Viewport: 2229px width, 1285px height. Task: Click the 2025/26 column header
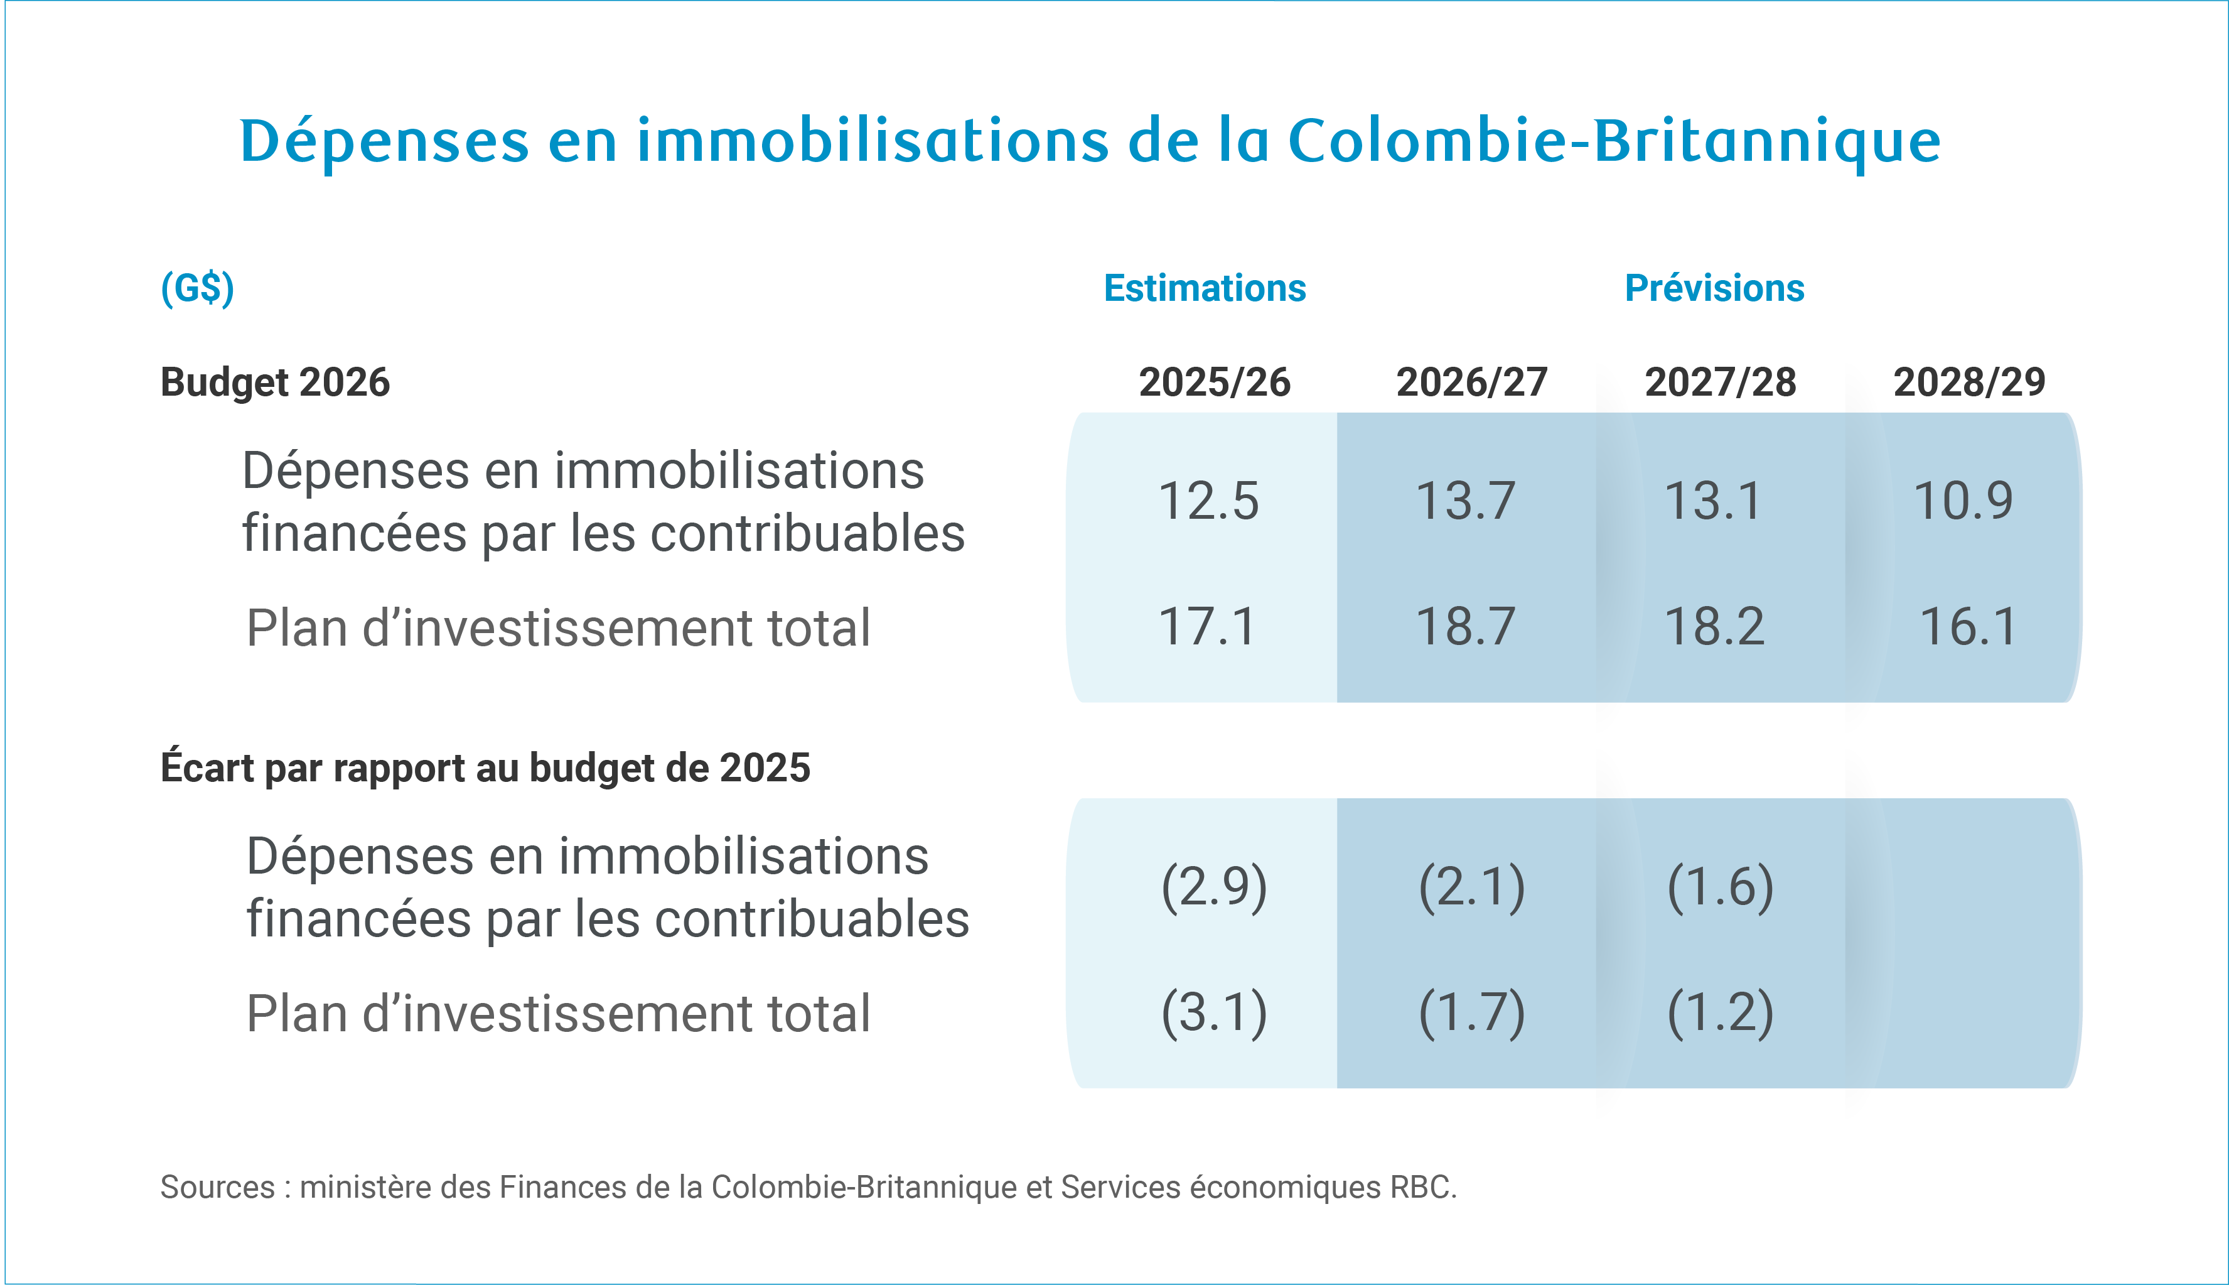point(1214,382)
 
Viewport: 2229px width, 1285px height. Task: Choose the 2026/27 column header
point(1471,382)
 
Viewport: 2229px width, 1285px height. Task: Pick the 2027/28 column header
point(1720,382)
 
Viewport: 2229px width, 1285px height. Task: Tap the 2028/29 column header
point(1969,382)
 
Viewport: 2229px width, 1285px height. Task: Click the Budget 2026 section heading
point(274,382)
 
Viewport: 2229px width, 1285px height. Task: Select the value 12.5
point(1208,501)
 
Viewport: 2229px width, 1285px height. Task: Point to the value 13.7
point(1465,501)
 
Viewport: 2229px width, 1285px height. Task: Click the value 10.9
point(1963,501)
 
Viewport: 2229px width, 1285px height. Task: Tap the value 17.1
point(1206,627)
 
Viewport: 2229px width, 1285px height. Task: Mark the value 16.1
point(1968,627)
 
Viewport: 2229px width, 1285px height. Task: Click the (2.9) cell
point(1214,887)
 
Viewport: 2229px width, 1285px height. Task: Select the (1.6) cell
point(1720,887)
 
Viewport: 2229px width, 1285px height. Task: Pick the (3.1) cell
point(1214,1012)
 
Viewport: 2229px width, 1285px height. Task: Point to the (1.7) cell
point(1471,1012)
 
